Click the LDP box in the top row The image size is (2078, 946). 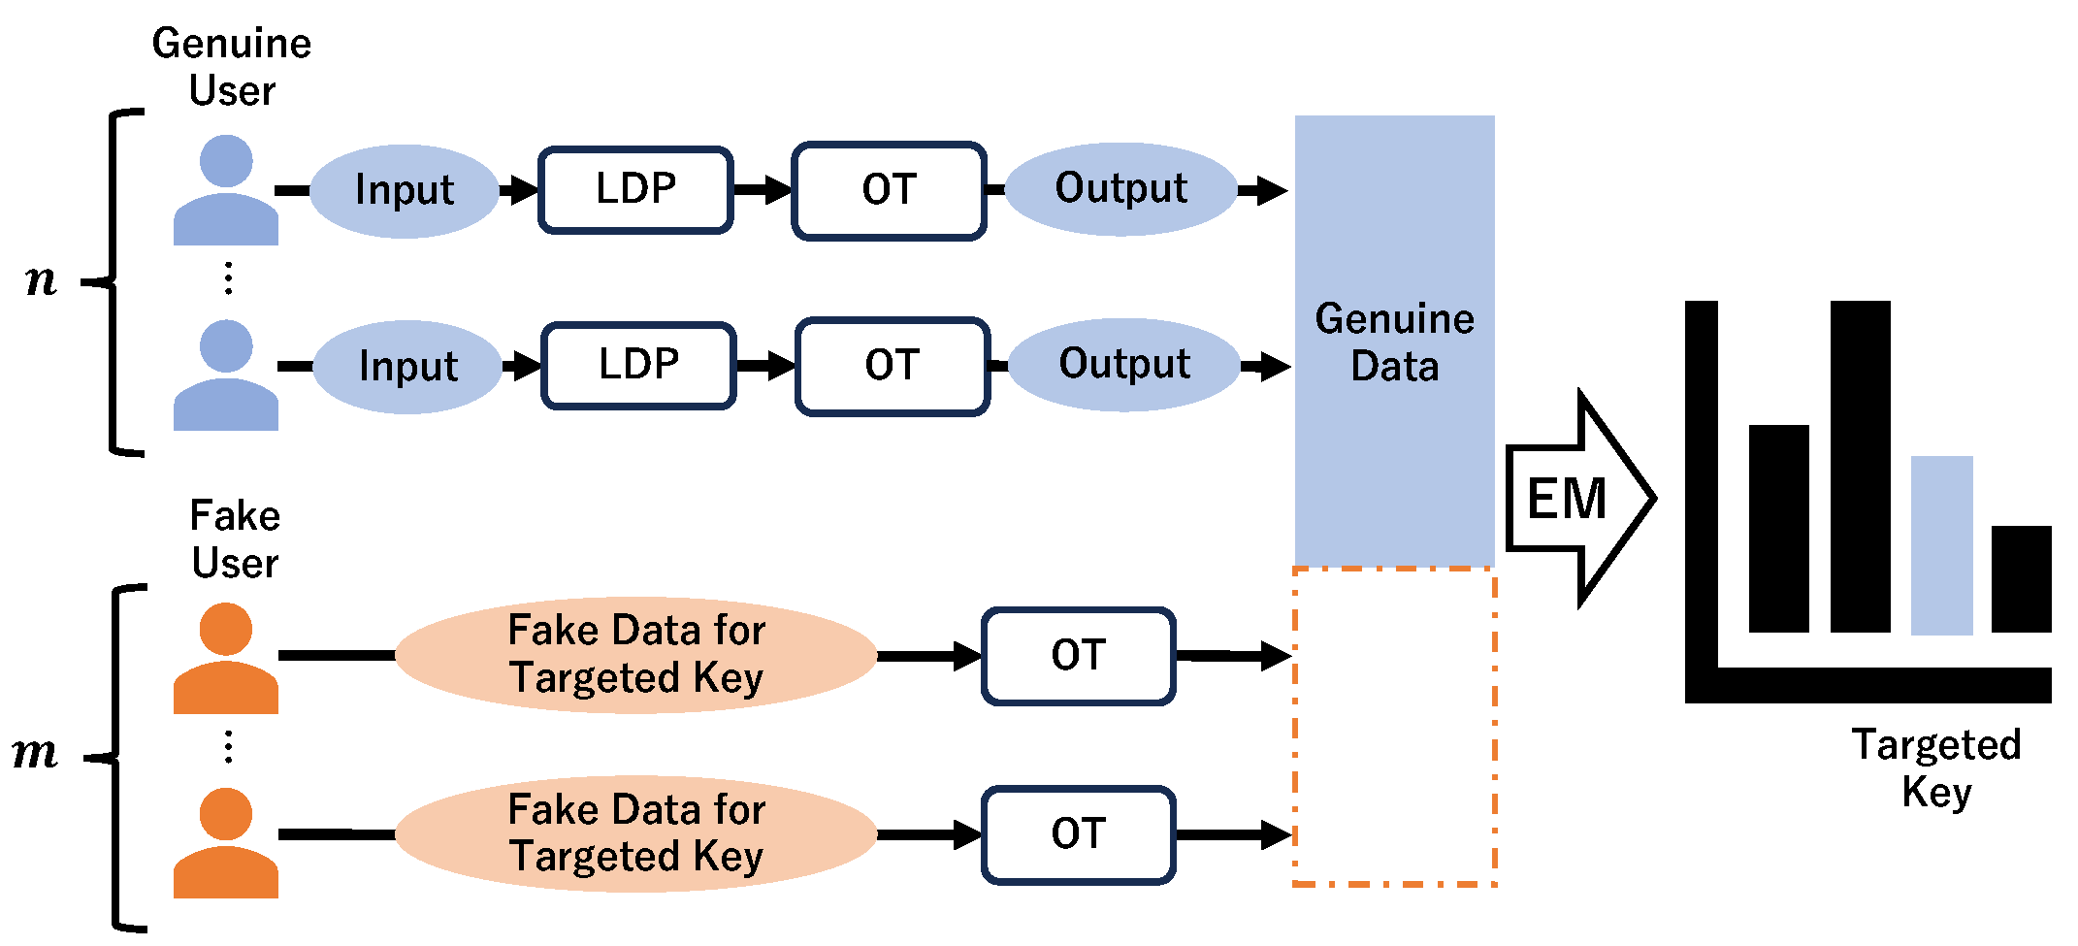coord(635,189)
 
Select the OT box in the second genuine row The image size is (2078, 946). coord(893,366)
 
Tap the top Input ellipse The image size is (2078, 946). coord(405,190)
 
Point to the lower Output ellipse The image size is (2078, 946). coord(1124,365)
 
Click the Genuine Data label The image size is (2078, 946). coord(1394,343)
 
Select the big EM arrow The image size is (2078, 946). coord(1578,499)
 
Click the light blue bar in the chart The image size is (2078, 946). coord(1941,545)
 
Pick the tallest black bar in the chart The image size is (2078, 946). coord(1860,466)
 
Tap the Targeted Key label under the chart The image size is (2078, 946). coord(1936,768)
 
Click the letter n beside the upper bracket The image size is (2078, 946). coord(41,280)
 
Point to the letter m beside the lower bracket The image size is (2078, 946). coord(36,752)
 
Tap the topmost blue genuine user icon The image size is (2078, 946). coord(226,190)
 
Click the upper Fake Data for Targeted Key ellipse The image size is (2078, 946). coord(636,655)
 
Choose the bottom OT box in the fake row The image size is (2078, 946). coord(1078,834)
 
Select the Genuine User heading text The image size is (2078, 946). coord(232,67)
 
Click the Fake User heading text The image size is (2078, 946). coord(235,539)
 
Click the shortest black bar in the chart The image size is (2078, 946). coord(2021,579)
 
